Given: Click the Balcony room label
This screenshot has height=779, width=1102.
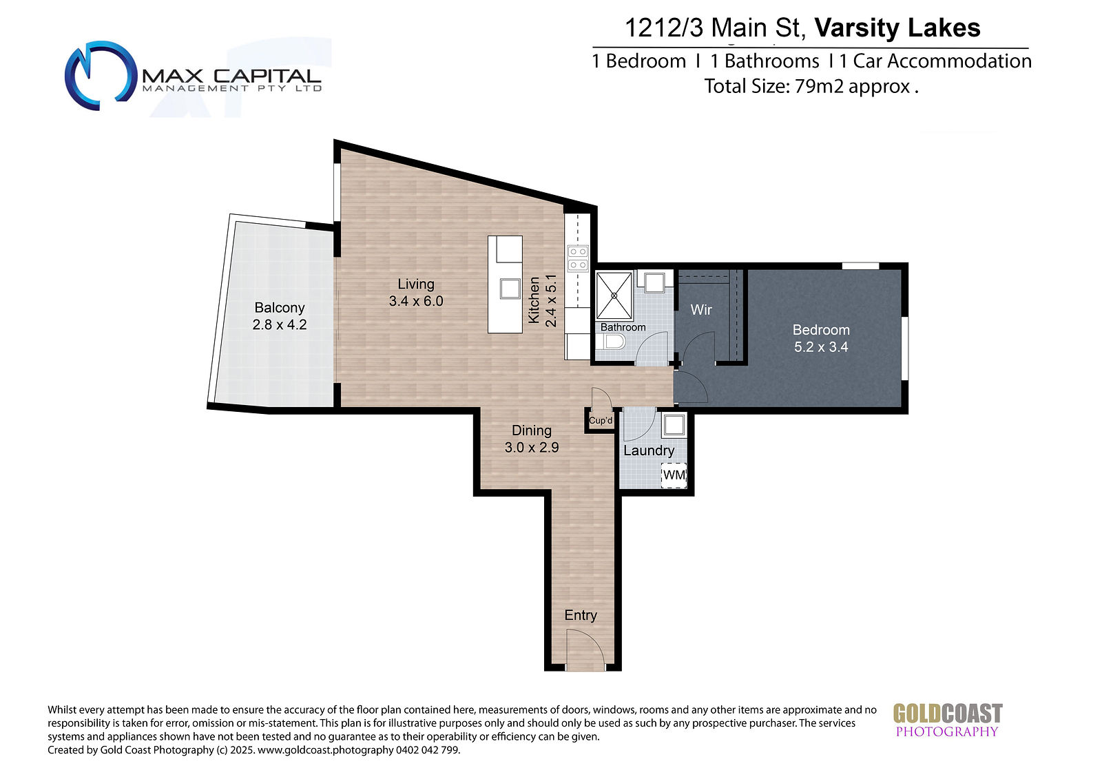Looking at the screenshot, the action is pyautogui.click(x=280, y=308).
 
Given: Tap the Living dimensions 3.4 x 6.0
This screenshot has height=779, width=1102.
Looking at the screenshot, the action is pyautogui.click(x=416, y=301).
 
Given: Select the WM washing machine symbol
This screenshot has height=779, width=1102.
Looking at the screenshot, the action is pyautogui.click(x=674, y=475).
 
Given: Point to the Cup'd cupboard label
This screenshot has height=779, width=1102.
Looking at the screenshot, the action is pyautogui.click(x=601, y=420).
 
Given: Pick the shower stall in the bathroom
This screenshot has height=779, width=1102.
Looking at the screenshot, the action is pyautogui.click(x=614, y=295).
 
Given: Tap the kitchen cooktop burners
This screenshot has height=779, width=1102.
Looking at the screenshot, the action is pyautogui.click(x=578, y=259).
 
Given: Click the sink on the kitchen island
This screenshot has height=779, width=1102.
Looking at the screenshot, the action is pyautogui.click(x=510, y=289).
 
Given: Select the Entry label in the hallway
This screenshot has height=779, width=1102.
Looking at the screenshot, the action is pyautogui.click(x=581, y=615).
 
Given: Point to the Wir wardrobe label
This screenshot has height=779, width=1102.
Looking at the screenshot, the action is pyautogui.click(x=701, y=309).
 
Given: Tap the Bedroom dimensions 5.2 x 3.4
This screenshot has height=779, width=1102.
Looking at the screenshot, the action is pyautogui.click(x=821, y=347).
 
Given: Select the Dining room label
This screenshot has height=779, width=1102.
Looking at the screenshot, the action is pyautogui.click(x=531, y=430).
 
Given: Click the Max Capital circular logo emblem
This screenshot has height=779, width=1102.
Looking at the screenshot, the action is pyautogui.click(x=101, y=75).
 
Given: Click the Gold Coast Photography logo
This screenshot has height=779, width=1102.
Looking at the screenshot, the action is pyautogui.click(x=948, y=720).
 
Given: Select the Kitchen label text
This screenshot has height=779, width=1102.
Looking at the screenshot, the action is pyautogui.click(x=534, y=300).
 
